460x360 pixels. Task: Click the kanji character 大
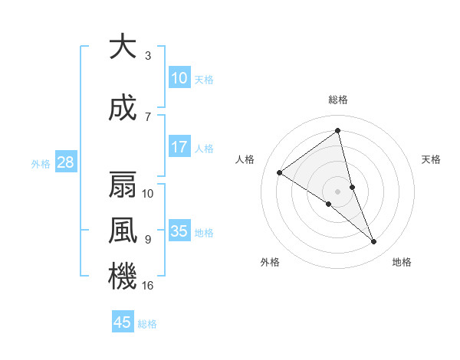coord(123,47)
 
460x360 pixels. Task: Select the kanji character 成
coord(123,110)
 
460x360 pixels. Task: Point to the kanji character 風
coord(123,231)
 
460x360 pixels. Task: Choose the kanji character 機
coord(123,277)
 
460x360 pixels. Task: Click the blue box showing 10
coord(179,78)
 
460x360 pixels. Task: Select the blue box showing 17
coord(179,147)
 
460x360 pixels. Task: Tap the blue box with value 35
coord(179,231)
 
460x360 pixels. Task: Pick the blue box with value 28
coord(64,162)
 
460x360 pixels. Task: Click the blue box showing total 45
coord(123,322)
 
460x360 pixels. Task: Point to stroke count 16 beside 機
coord(148,285)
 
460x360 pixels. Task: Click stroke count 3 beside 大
coord(148,56)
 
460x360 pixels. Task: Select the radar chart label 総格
coord(337,100)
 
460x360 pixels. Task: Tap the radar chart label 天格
coord(432,159)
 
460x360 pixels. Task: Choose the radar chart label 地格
coord(402,262)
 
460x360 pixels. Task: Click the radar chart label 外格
coord(270,262)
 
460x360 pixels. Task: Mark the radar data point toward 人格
coord(280,172)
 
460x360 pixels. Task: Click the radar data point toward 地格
coord(374,242)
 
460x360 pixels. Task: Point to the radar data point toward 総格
coord(337,131)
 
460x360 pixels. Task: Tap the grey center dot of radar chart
coord(337,191)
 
